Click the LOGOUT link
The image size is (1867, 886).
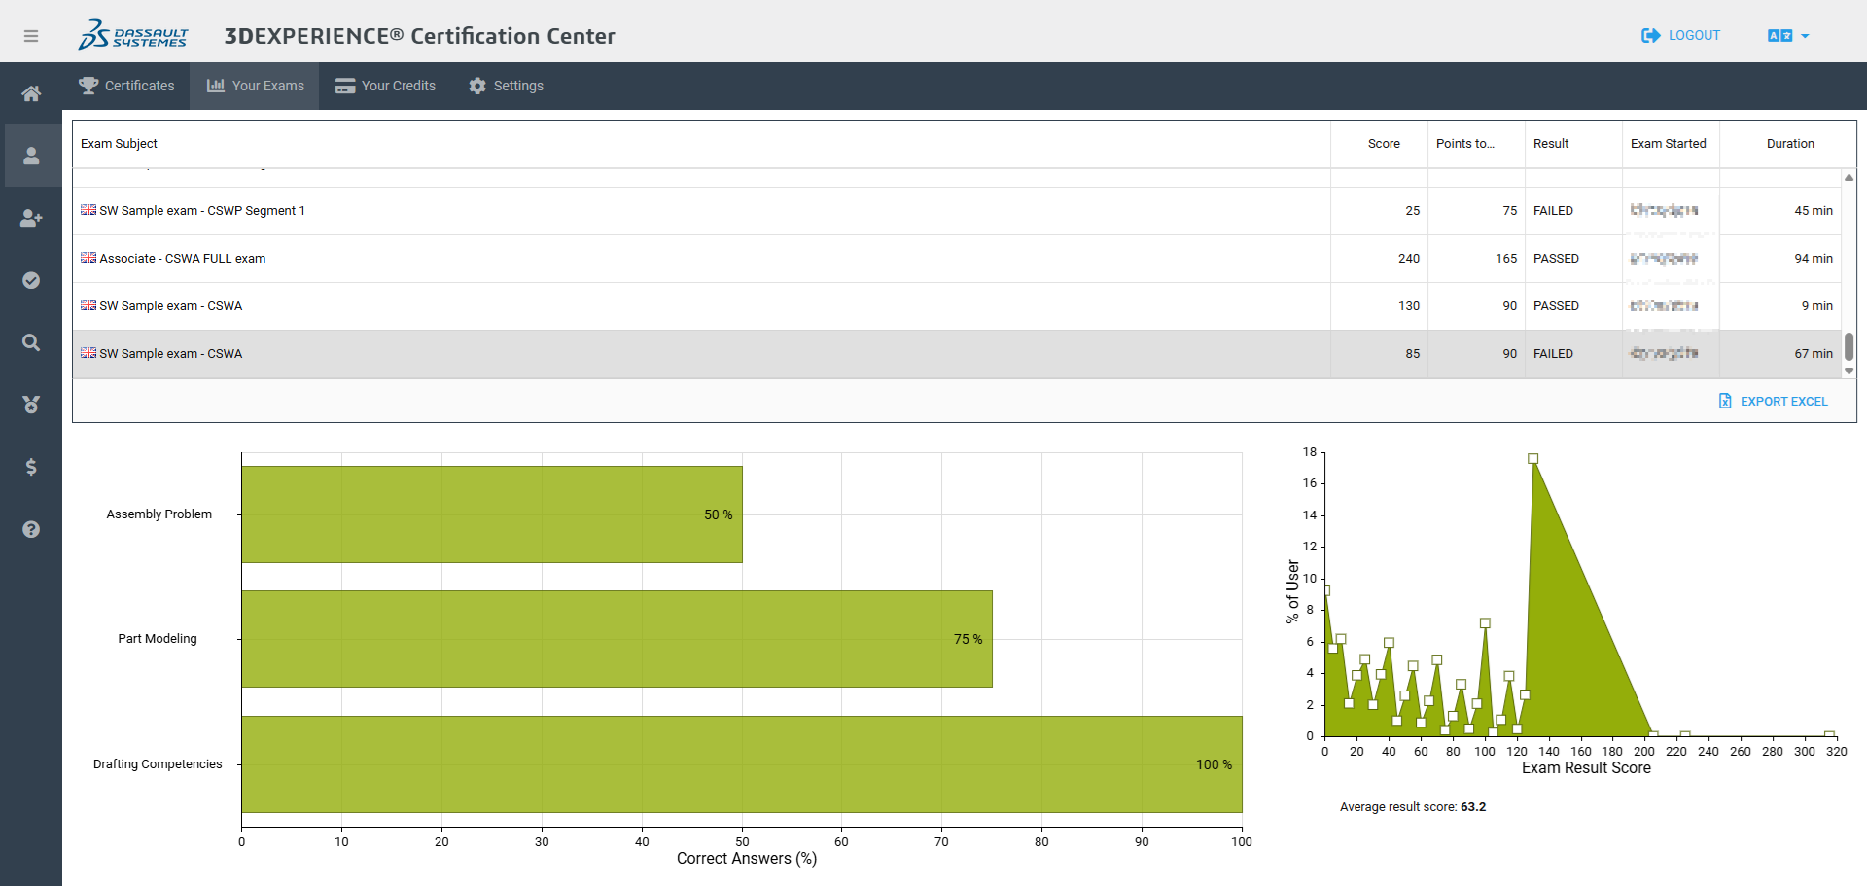[1681, 35]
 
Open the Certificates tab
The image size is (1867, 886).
[126, 86]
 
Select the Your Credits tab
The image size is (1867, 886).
[385, 86]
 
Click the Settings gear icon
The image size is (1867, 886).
[477, 86]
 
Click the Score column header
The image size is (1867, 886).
[1383, 143]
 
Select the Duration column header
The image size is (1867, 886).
[1789, 143]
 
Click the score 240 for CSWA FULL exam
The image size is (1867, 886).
[1408, 258]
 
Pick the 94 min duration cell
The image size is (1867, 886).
[1813, 258]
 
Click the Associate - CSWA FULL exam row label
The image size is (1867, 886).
[182, 258]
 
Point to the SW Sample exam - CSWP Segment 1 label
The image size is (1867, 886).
[201, 210]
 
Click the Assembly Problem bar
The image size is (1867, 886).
[491, 514]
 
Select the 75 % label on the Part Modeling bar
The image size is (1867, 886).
[968, 639]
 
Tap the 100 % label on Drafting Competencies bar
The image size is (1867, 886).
[1214, 764]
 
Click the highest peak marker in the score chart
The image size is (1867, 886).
[1532, 458]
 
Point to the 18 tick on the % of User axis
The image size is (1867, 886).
[1310, 452]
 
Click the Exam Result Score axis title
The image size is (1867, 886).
[1586, 768]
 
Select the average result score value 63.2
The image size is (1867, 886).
[1473, 806]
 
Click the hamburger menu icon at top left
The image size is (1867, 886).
[31, 36]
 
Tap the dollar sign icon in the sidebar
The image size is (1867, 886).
[31, 467]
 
